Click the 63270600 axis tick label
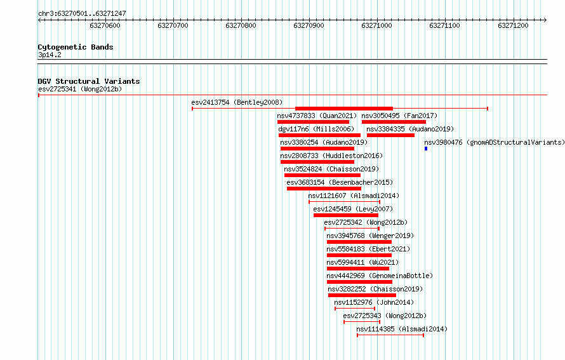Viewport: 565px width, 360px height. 105,25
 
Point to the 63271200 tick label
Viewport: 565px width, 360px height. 513,25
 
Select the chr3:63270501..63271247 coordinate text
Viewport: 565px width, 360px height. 82,14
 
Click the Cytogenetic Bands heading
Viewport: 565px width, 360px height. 76,47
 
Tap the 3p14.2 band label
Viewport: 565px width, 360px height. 50,55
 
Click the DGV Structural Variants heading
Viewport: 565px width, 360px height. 89,81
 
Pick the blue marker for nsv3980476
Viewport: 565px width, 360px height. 426,149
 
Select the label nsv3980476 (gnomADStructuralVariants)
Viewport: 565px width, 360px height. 495,142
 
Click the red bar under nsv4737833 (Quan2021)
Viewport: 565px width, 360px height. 313,122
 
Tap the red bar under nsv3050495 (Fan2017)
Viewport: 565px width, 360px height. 394,122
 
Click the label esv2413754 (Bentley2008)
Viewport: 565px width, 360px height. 237,102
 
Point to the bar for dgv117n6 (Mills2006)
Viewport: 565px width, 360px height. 319,135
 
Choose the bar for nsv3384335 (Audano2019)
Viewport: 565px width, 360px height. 390,135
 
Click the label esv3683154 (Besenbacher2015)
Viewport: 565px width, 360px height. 340,182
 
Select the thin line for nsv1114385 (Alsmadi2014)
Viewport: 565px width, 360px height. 390,335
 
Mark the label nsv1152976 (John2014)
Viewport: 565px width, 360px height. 374,302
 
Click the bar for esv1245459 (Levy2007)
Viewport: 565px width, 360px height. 346,215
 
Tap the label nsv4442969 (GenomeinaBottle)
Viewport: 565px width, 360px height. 380,276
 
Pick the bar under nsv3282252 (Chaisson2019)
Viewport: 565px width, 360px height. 362,295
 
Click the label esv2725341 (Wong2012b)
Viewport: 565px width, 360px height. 80,89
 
